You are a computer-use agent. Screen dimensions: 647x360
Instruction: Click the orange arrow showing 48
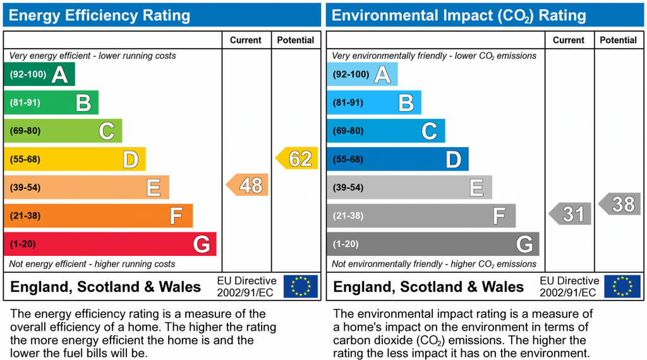[x=248, y=185]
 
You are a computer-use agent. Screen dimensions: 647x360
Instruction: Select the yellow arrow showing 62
[x=297, y=158]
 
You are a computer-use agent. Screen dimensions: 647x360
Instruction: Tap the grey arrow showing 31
[x=571, y=213]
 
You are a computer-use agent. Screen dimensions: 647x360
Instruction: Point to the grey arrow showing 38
[x=620, y=204]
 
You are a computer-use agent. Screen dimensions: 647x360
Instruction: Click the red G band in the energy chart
[x=110, y=244]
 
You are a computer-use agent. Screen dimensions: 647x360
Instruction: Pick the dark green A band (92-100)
[x=40, y=75]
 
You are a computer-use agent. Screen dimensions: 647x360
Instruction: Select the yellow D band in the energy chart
[x=75, y=159]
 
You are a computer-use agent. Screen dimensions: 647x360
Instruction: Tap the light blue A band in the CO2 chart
[x=362, y=75]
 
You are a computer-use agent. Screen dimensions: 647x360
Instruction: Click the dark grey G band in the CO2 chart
[x=433, y=244]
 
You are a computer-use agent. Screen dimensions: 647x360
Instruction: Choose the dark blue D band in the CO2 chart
[x=398, y=159]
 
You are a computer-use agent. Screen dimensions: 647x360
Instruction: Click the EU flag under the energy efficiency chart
[x=301, y=286]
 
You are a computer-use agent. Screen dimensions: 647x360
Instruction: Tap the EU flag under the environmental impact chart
[x=622, y=286]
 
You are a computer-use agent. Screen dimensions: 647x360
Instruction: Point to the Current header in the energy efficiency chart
[x=246, y=40]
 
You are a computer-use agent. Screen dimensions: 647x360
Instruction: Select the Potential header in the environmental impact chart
[x=618, y=40]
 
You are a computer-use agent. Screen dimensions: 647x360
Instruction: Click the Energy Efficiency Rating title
[x=99, y=15]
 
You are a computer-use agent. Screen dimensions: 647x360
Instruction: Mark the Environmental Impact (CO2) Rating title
[x=459, y=16]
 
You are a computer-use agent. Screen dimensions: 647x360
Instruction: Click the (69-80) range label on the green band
[x=25, y=131]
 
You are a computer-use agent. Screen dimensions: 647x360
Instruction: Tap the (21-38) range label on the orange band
[x=25, y=215]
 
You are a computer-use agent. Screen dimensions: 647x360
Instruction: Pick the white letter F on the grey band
[x=499, y=215]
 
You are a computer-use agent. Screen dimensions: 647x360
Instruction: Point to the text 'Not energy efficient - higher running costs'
[x=92, y=264]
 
